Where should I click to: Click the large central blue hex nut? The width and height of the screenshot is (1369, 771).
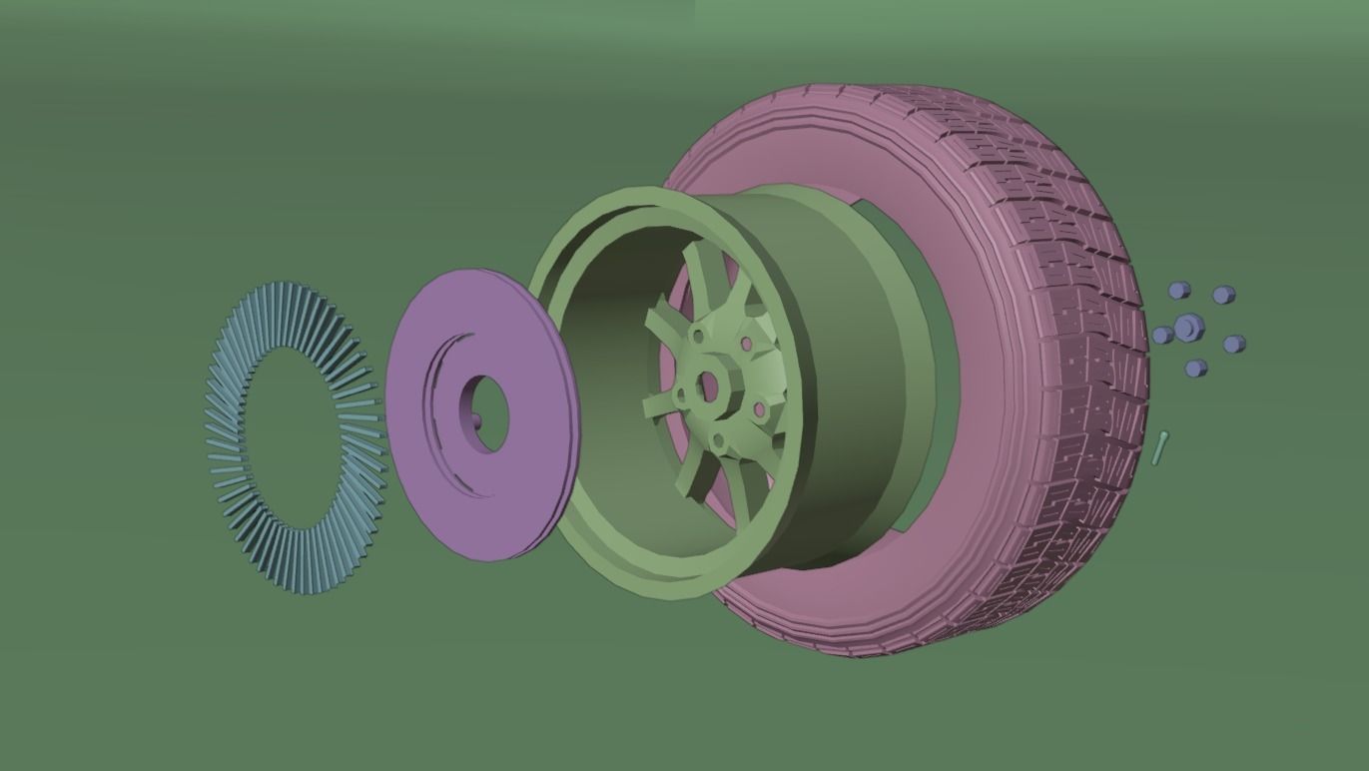pos(1186,327)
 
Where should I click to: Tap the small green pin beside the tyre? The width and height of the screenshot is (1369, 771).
pos(1160,446)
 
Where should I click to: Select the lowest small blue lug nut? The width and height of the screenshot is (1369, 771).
pos(1196,369)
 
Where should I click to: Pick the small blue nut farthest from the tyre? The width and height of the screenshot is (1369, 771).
pos(1234,344)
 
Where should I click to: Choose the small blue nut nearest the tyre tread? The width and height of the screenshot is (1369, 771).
pos(1162,336)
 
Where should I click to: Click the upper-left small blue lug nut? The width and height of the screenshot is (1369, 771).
pos(1178,291)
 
